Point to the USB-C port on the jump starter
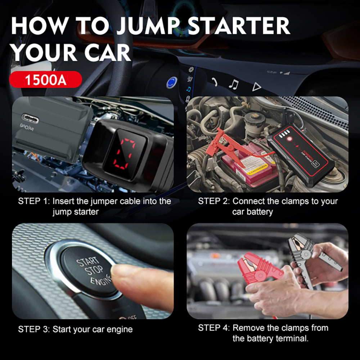(30, 117)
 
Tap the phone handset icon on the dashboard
(214, 82)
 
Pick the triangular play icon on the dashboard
(256, 86)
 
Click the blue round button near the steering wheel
(171, 83)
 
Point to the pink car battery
(248, 166)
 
